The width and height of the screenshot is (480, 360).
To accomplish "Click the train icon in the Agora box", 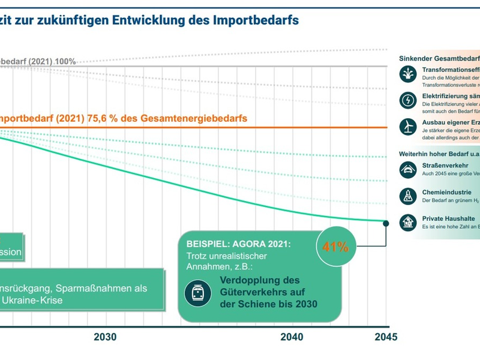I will (197, 292).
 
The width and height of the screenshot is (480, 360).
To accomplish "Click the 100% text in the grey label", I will (65, 61).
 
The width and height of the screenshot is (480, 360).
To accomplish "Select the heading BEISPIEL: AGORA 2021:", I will (238, 229).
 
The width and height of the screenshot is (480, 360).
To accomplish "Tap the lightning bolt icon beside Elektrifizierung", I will (407, 100).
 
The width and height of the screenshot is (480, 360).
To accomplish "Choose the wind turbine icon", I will (407, 126).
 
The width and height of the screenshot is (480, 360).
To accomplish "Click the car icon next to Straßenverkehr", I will (407, 170).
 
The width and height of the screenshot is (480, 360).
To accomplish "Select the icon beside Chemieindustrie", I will (407, 196).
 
